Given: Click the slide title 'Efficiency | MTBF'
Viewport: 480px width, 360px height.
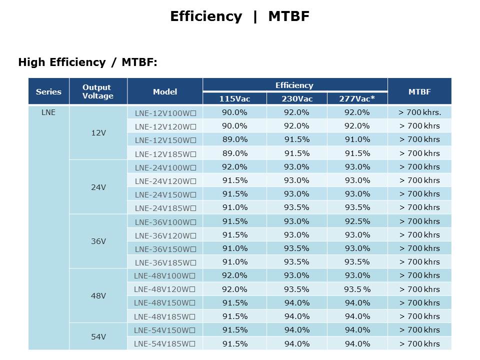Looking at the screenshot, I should coord(239,16).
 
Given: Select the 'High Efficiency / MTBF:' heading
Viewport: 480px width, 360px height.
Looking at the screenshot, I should coord(87,62).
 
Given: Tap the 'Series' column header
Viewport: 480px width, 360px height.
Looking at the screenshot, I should coord(48,91).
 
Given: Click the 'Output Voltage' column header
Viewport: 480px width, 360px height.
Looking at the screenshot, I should coord(98,91).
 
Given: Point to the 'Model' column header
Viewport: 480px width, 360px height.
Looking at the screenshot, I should coord(165,91).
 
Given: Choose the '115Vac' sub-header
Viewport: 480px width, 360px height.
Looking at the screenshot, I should coord(234,98).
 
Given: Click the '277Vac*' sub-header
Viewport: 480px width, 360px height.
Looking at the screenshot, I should coord(357,98).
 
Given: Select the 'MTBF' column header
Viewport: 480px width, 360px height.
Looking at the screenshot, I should coord(419,91).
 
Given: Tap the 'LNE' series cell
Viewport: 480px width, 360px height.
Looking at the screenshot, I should coord(48,112).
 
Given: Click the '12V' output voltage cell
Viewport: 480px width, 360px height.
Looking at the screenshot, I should coord(98,133).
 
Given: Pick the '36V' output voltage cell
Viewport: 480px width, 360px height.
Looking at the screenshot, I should coord(98,241).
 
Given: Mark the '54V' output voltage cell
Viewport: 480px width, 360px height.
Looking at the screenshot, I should coord(98,336).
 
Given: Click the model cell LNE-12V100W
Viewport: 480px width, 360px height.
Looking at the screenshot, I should coord(165,112).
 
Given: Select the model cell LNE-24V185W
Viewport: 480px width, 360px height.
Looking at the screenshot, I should coord(165,208).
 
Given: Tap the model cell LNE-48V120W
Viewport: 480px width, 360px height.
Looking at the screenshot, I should coord(165,289).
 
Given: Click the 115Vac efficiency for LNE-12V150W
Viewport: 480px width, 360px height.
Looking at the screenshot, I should coord(234,139).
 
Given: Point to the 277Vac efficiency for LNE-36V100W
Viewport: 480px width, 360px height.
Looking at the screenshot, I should coord(357,221).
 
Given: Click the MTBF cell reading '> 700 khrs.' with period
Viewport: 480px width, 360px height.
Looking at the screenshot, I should coord(419,112).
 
